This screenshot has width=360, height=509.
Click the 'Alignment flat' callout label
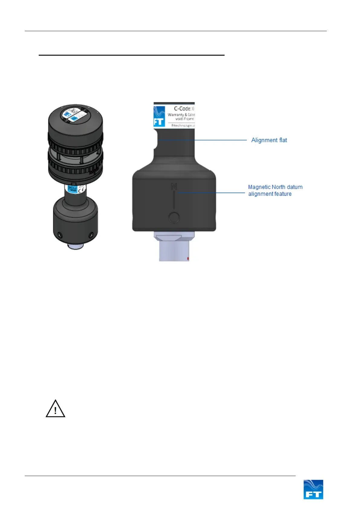coord(269,140)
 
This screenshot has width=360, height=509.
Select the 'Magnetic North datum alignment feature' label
coord(275,191)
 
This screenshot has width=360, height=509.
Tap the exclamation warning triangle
coord(55,409)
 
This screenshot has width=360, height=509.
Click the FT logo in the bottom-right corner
coord(313,489)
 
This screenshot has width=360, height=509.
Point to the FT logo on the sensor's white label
coord(159,117)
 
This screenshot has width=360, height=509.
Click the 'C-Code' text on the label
coord(182,109)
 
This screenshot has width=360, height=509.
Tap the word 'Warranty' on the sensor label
coord(176,115)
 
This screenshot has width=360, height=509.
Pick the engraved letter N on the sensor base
coord(174,186)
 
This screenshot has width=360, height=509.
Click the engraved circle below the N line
coord(174,217)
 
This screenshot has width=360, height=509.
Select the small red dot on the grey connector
coord(188,259)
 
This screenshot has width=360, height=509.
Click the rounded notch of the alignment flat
coord(156,140)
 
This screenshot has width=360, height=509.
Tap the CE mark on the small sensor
coord(81,190)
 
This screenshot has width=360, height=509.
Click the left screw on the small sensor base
coord(60,235)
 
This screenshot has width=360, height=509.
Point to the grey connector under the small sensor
coord(76,246)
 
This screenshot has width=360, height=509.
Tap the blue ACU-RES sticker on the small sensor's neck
coord(72,189)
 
